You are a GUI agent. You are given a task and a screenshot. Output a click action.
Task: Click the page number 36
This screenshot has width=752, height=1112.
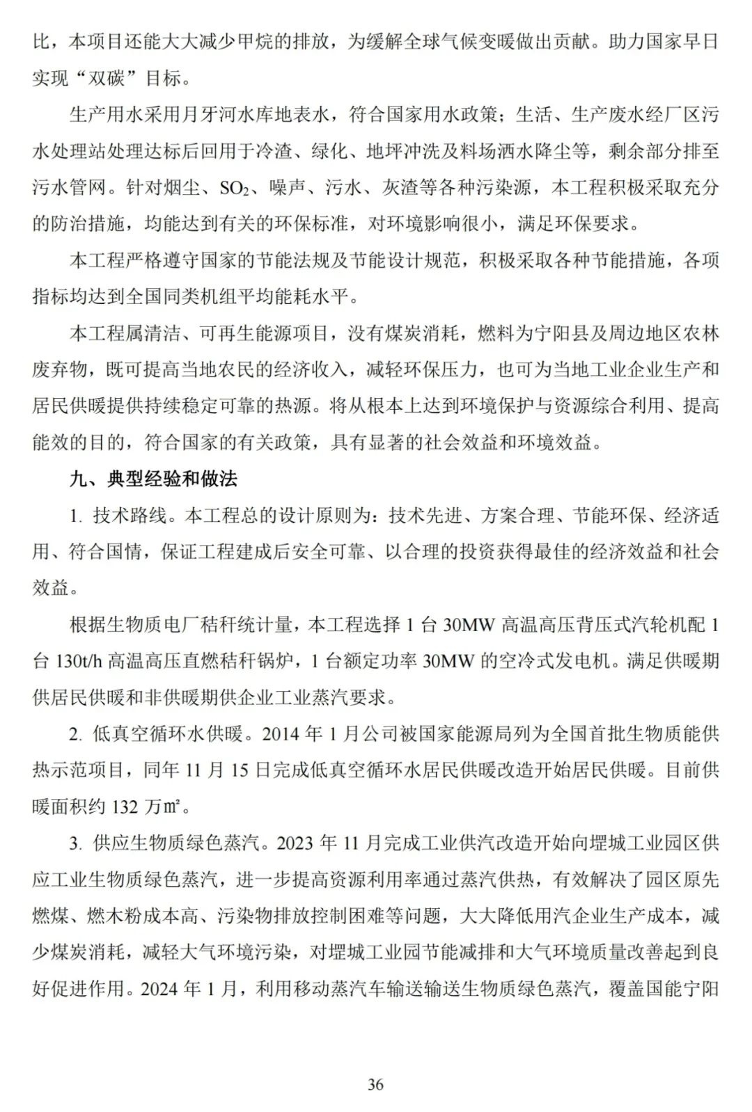[x=375, y=1084]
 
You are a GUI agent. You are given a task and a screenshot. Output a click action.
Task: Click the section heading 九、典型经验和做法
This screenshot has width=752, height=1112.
[x=153, y=479]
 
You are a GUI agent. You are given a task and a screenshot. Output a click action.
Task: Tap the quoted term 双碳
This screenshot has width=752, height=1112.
[x=107, y=78]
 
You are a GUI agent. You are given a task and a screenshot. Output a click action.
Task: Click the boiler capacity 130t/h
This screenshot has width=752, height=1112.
[x=77, y=661]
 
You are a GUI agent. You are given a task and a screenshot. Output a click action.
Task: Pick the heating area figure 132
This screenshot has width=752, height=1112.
[x=125, y=807]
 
